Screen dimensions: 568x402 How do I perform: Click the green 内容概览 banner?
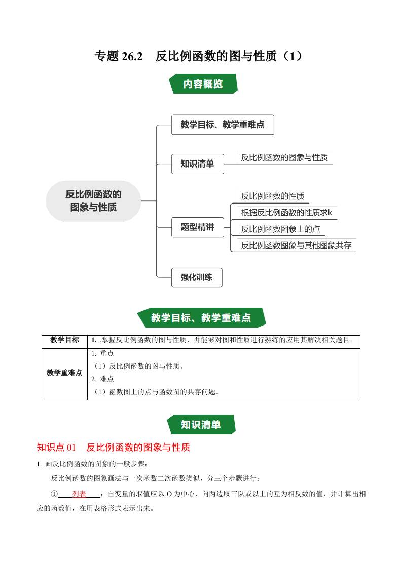click(202, 84)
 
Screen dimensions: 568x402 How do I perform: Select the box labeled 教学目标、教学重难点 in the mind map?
click(223, 125)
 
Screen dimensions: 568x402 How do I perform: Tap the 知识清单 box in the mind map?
click(197, 164)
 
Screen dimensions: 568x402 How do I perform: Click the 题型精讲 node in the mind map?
click(197, 227)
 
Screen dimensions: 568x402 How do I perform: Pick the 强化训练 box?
click(196, 277)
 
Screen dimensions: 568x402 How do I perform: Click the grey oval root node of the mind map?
click(93, 201)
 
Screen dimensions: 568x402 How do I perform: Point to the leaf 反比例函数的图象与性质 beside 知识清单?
click(284, 157)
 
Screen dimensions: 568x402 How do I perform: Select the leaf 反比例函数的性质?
click(273, 196)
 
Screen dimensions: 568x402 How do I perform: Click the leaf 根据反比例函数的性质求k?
click(286, 212)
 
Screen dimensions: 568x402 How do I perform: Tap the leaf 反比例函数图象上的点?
click(280, 229)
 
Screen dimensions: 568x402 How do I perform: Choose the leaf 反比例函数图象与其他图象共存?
click(296, 246)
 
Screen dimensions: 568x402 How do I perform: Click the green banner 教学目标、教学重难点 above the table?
click(201, 318)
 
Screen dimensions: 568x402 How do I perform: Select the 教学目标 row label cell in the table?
click(64, 340)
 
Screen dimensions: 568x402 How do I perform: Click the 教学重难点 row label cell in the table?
click(64, 373)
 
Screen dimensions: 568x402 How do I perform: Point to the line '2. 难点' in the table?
click(102, 379)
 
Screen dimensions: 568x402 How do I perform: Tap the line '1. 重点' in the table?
click(102, 354)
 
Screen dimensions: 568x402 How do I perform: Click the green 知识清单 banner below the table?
click(201, 424)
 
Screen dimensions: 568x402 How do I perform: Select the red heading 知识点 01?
click(56, 447)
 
